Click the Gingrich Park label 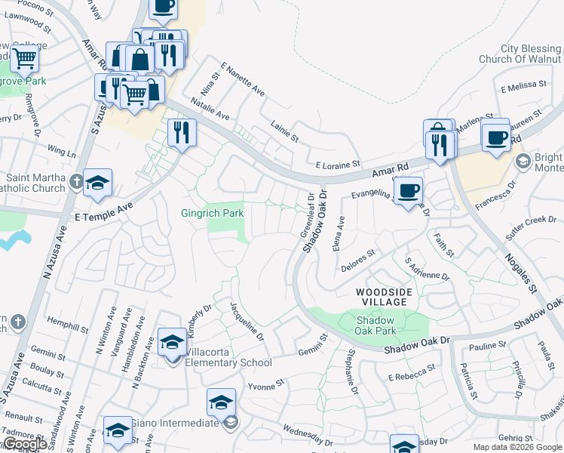click(212, 214)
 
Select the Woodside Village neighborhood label click(382, 296)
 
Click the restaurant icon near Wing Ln click(181, 133)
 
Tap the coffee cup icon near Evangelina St click(408, 190)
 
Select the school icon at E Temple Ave click(98, 183)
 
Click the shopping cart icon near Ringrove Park click(24, 57)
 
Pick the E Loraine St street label click(339, 164)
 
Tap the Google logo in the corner click(24, 445)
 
